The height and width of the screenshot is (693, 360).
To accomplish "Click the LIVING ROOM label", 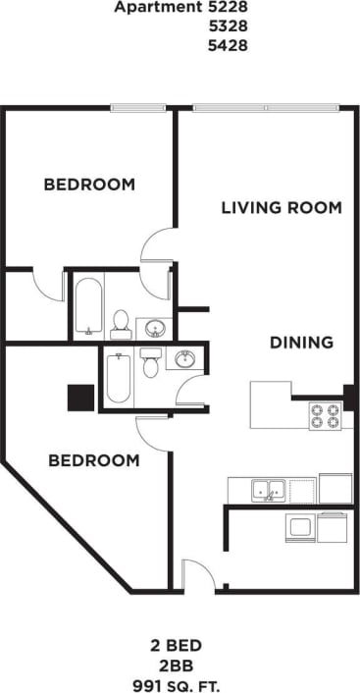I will click(x=281, y=208).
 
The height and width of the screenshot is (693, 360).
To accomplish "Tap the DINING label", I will click(x=302, y=343).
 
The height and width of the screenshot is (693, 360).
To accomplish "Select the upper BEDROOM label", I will click(x=89, y=185).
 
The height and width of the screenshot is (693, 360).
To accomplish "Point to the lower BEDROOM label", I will click(x=94, y=459).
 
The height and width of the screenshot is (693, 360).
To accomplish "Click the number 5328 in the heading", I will click(x=227, y=26).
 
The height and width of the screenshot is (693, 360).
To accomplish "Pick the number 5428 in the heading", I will click(x=227, y=44).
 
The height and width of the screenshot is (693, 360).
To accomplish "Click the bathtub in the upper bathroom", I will click(x=87, y=305).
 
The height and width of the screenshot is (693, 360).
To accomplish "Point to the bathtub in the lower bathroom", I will click(x=118, y=377).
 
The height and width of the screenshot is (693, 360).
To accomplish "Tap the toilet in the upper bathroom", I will click(x=121, y=320).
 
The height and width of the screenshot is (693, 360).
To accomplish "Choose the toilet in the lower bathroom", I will click(x=150, y=362).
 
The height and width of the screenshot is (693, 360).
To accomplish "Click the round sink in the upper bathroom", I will click(x=153, y=326).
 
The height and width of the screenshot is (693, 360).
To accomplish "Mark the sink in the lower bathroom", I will click(x=183, y=360).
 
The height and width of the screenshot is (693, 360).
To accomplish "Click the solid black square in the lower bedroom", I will click(x=79, y=398).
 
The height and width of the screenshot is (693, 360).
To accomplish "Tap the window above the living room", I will click(x=267, y=107).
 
